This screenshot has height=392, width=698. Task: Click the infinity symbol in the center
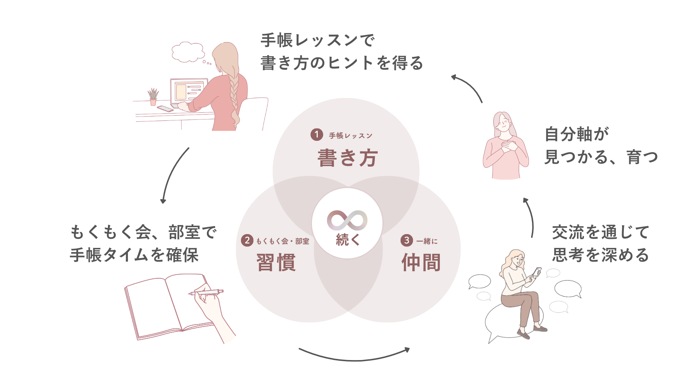[347, 220]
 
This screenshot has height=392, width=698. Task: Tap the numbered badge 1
[317, 135]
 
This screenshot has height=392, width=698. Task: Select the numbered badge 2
[247, 240]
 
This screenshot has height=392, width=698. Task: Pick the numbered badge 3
[406, 240]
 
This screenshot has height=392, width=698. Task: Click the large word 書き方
[348, 158]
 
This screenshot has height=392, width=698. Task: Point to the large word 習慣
[276, 262]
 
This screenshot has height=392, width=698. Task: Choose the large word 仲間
[421, 262]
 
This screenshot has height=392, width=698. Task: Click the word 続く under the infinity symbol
[348, 240]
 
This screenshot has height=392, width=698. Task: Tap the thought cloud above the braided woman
[188, 52]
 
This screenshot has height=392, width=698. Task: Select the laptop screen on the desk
[189, 91]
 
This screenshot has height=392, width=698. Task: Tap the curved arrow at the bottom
[354, 355]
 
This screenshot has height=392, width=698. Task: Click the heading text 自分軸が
[577, 134]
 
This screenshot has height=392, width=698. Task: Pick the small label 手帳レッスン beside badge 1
[350, 136]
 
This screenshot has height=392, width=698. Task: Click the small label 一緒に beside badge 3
[427, 241]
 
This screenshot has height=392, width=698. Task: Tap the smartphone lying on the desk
[165, 109]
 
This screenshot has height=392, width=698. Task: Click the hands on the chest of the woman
[508, 147]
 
